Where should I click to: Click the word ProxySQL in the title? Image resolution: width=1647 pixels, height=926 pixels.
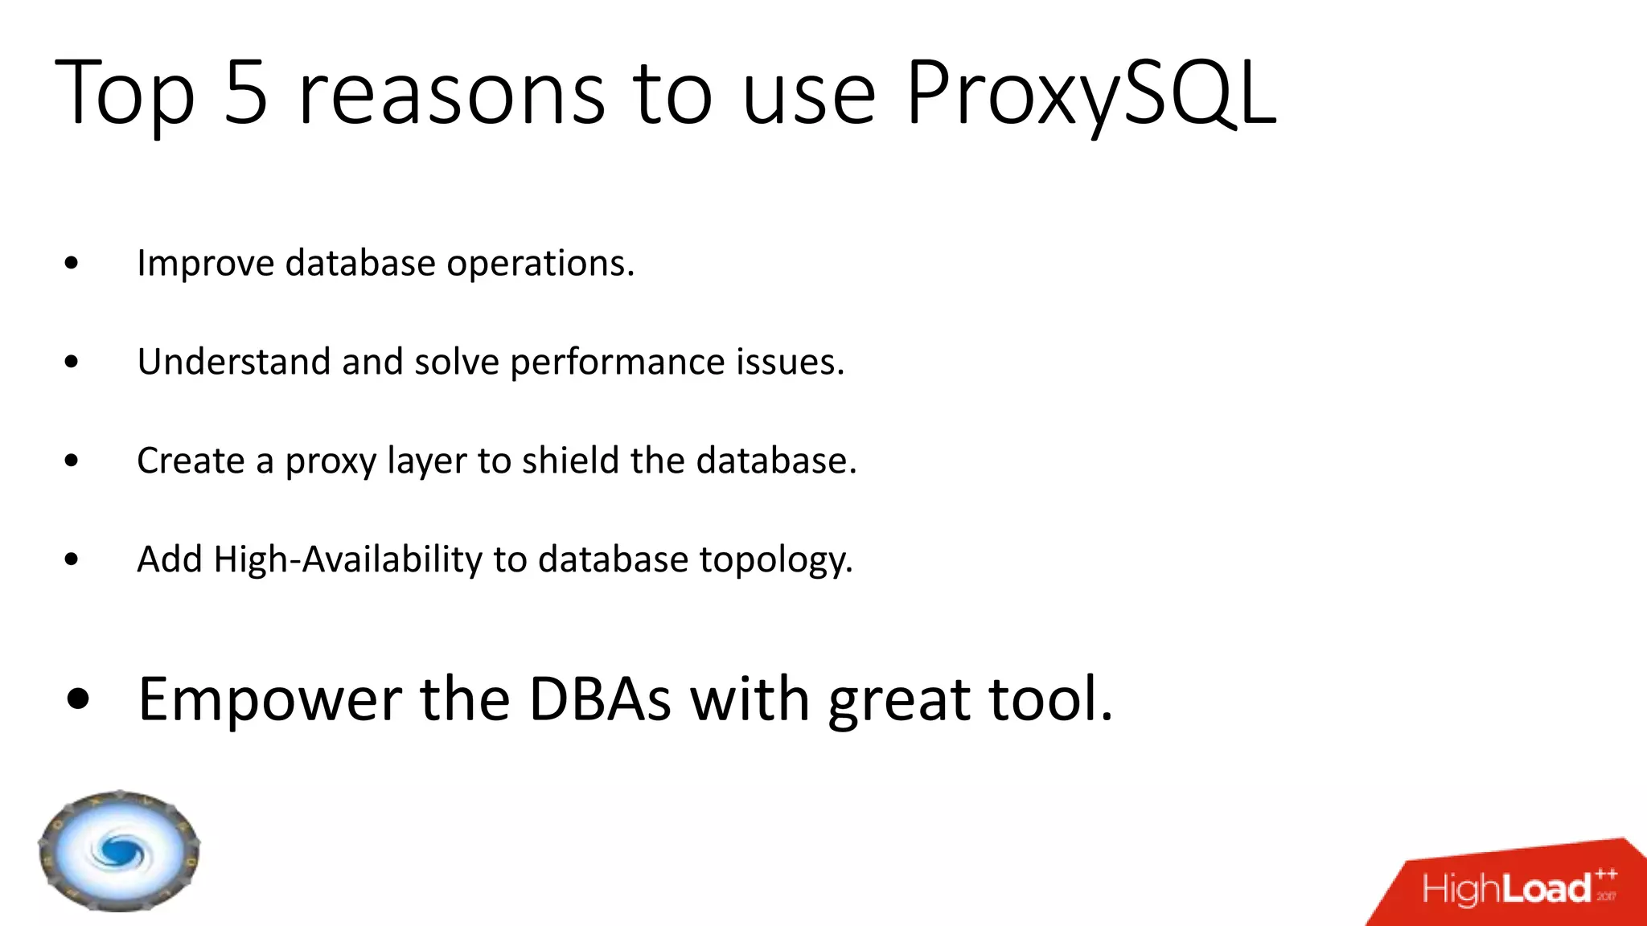(x=1091, y=95)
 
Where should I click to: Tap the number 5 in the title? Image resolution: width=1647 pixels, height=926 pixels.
(x=245, y=95)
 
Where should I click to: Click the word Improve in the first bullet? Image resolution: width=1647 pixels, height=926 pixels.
(x=206, y=264)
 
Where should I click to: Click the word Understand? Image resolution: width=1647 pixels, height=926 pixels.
(x=233, y=362)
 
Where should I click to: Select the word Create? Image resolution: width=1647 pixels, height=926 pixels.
(x=191, y=461)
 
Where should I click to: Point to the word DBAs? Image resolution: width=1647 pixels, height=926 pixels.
(x=599, y=699)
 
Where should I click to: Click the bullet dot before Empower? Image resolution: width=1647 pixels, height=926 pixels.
(x=79, y=699)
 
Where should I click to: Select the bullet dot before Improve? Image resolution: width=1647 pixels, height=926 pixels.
(x=72, y=264)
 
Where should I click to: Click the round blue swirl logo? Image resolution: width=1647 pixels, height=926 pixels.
(x=119, y=850)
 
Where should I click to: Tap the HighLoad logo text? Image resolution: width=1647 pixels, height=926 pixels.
(x=1508, y=889)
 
